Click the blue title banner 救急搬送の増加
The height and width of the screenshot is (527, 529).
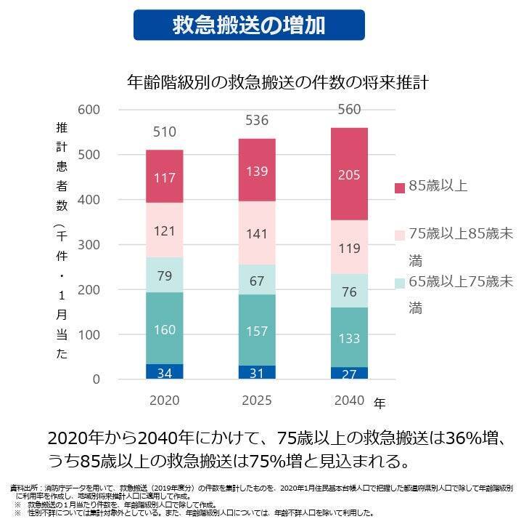click(x=249, y=25)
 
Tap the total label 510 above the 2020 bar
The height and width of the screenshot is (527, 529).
click(x=165, y=132)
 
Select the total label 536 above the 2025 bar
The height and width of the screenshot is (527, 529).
click(x=257, y=121)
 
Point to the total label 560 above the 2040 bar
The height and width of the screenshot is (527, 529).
click(x=349, y=110)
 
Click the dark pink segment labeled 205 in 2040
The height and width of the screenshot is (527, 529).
click(x=349, y=174)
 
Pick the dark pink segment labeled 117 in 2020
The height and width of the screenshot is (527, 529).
click(x=165, y=177)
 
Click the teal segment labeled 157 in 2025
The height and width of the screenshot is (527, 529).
click(x=257, y=330)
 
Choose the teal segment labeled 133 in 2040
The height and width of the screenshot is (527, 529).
click(x=349, y=337)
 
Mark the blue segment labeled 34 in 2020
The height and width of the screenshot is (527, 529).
click(x=165, y=372)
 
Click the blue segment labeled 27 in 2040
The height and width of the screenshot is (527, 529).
click(x=349, y=374)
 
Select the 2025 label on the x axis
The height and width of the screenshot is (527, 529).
click(x=257, y=401)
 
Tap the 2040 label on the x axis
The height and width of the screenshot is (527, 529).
click(x=349, y=401)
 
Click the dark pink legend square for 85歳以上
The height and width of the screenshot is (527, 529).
click(x=398, y=188)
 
